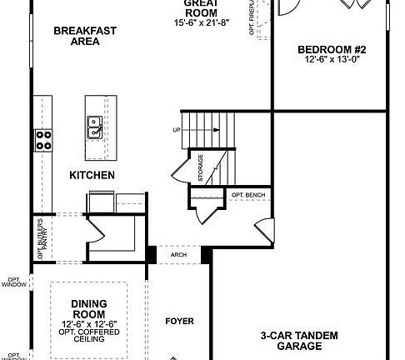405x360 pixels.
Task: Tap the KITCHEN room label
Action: pos(92,176)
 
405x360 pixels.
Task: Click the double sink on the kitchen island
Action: pos(96,126)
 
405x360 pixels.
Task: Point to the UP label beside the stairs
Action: pos(175,130)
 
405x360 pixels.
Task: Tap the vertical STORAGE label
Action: pos(200,167)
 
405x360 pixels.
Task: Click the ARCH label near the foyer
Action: pos(177,257)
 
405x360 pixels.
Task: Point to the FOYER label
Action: pos(179,321)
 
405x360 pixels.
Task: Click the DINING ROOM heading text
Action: pos(88,308)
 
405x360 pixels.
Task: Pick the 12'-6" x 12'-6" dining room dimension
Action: pos(88,323)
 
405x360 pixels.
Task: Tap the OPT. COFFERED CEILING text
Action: pos(88,336)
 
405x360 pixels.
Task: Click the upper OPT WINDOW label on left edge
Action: pos(13,282)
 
